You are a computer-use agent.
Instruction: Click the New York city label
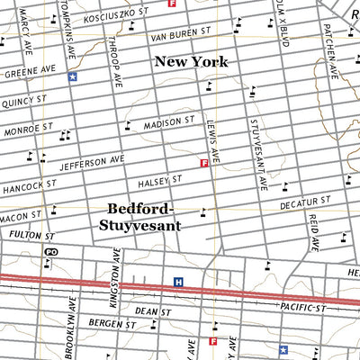(x=191, y=62)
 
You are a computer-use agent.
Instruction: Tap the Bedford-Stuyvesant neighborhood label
(x=144, y=217)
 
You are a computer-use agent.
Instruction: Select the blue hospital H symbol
(x=178, y=282)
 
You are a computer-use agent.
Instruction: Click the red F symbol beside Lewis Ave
(x=204, y=163)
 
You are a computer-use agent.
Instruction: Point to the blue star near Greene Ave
(x=72, y=77)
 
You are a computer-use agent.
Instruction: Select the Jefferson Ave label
(x=92, y=163)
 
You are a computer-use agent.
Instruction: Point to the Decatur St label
(x=305, y=205)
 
